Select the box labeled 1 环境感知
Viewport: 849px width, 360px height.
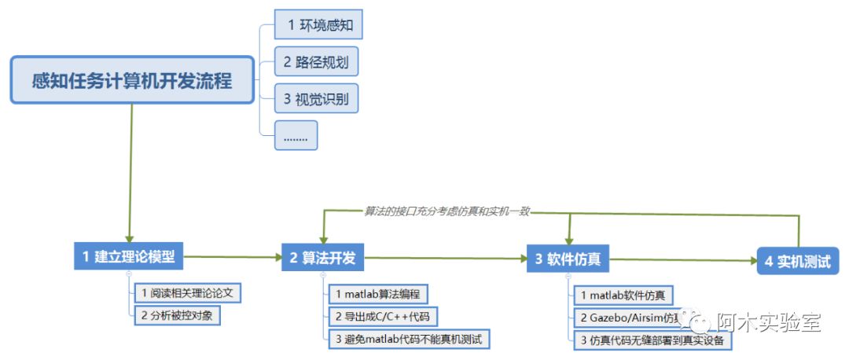click(318, 25)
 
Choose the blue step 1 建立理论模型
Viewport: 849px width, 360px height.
click(128, 256)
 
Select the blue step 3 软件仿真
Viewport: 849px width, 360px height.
click(568, 259)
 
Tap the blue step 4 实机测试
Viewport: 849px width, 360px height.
click(797, 262)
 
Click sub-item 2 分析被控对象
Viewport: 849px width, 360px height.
click(177, 314)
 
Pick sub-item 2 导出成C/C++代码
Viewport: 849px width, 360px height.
click(381, 317)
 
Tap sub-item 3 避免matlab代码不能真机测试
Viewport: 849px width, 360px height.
click(407, 340)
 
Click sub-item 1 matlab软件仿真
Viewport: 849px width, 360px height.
click(623, 296)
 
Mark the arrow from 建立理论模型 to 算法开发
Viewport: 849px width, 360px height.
click(233, 256)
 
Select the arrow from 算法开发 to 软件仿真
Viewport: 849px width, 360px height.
click(445, 258)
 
